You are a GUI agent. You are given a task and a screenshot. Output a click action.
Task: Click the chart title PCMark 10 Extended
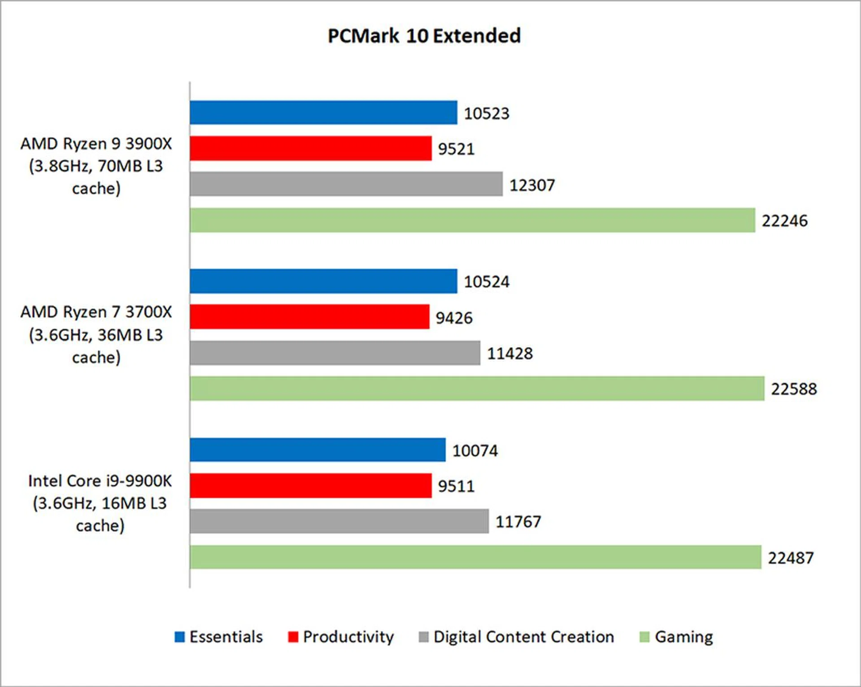(x=424, y=36)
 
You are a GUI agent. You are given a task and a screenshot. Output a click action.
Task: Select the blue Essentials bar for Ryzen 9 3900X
(x=323, y=112)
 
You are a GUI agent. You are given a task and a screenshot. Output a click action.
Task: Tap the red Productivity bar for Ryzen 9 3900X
(x=310, y=148)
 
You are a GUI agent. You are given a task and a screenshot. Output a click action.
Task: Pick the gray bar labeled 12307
(x=346, y=184)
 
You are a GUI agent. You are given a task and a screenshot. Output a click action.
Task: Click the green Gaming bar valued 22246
(x=472, y=220)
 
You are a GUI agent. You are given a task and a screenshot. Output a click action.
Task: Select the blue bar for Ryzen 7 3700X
(x=323, y=281)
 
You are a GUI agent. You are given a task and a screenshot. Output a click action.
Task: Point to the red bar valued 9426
(x=309, y=317)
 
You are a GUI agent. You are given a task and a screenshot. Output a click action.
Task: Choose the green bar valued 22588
(x=477, y=389)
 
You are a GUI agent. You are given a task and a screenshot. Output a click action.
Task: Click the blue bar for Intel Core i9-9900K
(x=317, y=450)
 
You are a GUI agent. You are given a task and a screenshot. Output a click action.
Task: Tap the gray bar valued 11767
(x=339, y=521)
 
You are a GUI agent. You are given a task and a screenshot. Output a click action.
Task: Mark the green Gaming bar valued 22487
(x=475, y=557)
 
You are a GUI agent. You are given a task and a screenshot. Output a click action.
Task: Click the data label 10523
(x=487, y=113)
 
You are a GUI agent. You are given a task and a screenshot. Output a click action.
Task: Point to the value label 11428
(x=510, y=354)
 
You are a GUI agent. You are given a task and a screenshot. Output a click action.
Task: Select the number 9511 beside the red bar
(x=456, y=486)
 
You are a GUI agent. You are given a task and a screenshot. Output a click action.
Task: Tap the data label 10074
(x=475, y=450)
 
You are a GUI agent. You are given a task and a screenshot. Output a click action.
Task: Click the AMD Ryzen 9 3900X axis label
(x=96, y=166)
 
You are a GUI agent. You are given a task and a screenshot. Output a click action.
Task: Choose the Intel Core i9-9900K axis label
(x=100, y=503)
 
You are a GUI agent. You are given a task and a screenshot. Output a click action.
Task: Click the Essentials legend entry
(x=219, y=637)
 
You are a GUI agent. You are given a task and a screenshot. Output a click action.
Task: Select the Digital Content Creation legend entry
(x=516, y=637)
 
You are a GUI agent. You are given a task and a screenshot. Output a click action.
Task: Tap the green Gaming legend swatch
(x=644, y=637)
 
